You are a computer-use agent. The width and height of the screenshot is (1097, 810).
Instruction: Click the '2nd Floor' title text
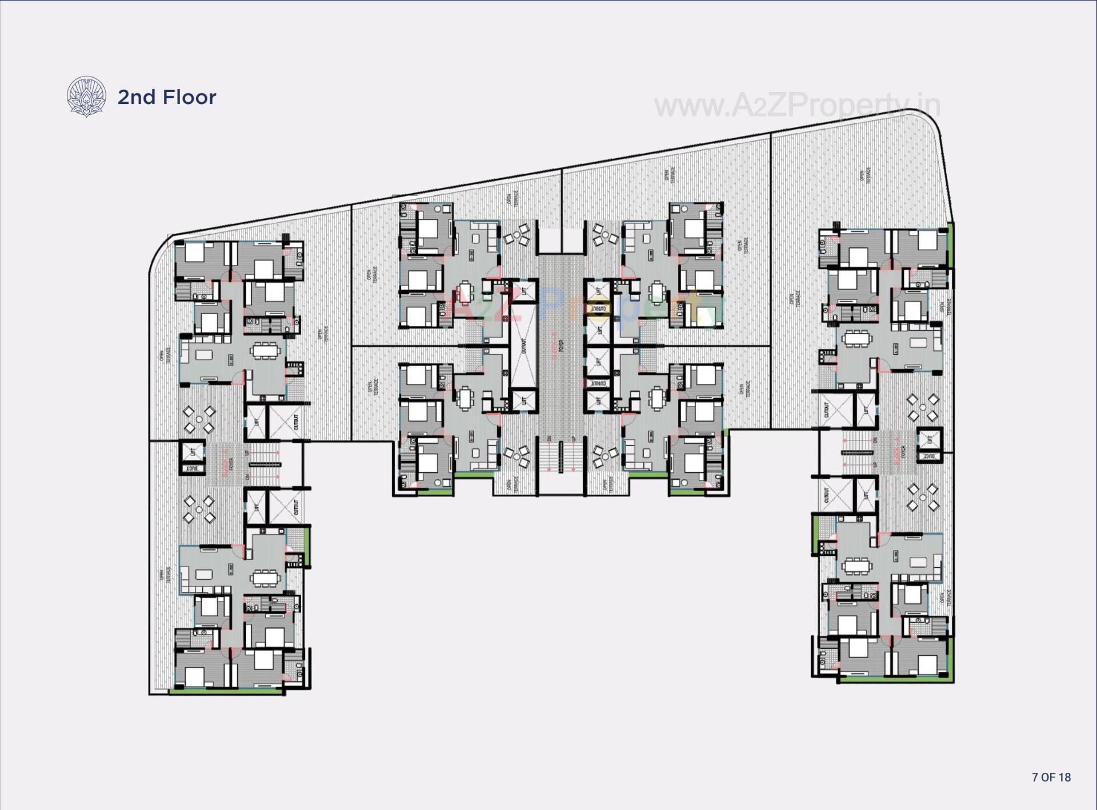click(166, 97)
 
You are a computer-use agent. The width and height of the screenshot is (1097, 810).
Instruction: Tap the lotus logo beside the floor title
click(86, 97)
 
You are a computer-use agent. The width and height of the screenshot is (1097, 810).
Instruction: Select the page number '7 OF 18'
click(1051, 777)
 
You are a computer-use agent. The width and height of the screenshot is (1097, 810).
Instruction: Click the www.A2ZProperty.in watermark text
click(796, 106)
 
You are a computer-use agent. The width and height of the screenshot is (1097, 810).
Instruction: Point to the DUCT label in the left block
click(193, 468)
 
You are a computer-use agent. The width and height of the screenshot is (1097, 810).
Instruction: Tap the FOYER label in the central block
click(562, 346)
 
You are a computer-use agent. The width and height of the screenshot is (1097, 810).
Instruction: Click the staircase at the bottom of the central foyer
click(561, 455)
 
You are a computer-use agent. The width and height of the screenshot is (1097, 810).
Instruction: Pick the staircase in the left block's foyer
click(263, 464)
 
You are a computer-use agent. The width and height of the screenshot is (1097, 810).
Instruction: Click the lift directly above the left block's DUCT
click(193, 452)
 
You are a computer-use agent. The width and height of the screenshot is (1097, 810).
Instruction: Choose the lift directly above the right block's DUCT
click(930, 439)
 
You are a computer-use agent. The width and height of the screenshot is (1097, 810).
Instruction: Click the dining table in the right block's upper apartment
click(856, 339)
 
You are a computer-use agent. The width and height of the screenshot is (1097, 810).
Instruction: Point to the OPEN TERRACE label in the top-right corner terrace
click(866, 175)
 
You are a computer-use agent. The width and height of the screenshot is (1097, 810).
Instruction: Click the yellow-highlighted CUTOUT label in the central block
click(598, 309)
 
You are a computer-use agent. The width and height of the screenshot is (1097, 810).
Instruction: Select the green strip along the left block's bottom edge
click(227, 692)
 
